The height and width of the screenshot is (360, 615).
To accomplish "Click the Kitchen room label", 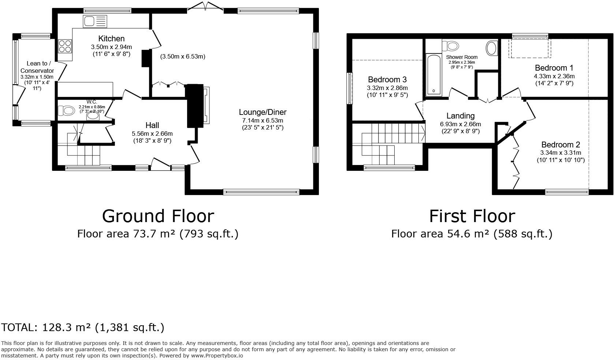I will (111, 38).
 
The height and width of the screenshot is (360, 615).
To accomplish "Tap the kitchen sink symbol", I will (95, 21).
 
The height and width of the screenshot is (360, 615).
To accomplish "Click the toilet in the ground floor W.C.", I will (66, 110).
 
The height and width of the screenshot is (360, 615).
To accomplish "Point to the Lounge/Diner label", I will (262, 112).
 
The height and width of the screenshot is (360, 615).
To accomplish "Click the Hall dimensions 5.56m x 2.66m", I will (152, 134).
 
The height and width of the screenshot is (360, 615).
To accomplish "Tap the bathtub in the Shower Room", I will (435, 75).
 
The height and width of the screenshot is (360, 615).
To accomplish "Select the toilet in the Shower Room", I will (451, 46).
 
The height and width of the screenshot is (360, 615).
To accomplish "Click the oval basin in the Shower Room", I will (491, 48).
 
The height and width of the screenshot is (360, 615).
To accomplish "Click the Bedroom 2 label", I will (560, 145).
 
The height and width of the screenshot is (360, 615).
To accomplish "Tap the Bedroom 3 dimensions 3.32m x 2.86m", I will (387, 88).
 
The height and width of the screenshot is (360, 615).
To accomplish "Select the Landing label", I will (461, 116).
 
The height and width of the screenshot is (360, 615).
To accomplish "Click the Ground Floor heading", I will (158, 216).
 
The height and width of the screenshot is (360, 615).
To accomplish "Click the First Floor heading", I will (471, 216).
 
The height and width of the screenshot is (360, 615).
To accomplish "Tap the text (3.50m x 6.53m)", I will (183, 56).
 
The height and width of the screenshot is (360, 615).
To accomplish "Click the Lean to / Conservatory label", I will (37, 67).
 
